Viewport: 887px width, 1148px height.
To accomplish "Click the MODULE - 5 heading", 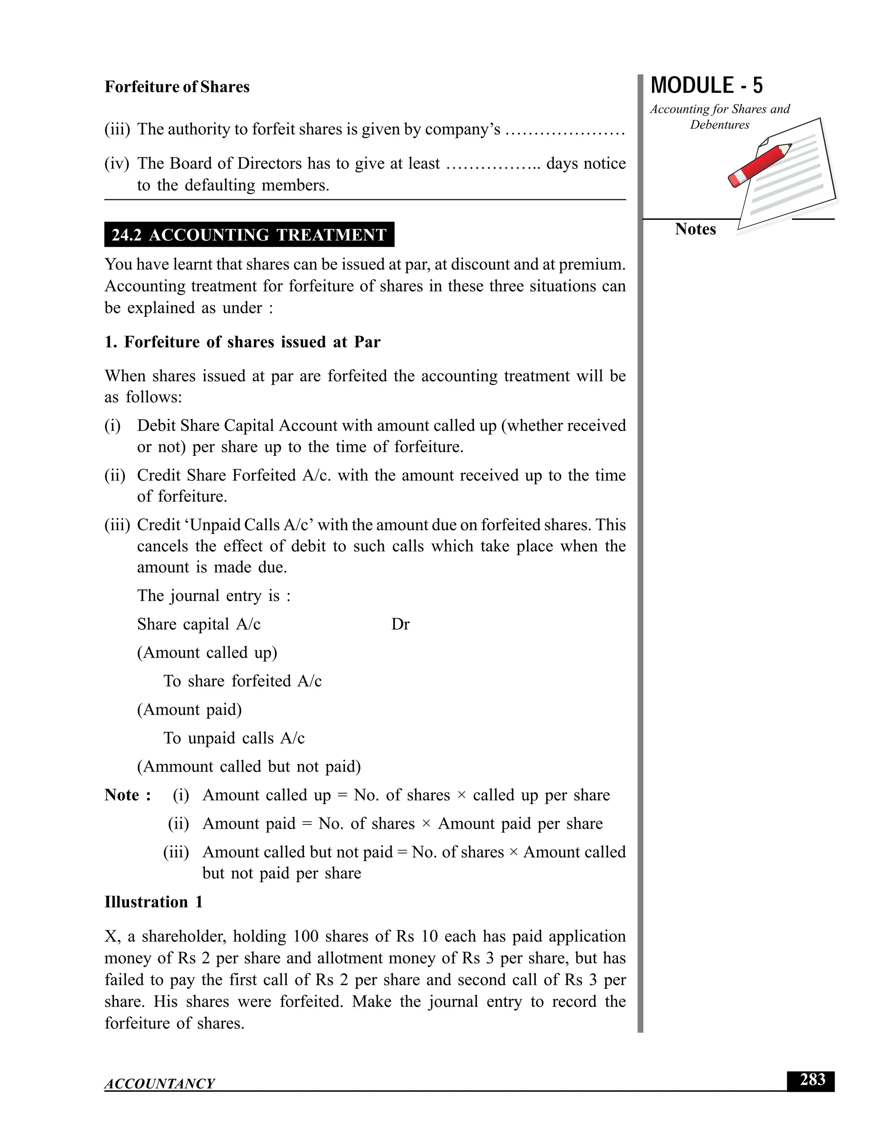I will click(706, 86).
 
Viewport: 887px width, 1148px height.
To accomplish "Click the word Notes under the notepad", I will click(695, 229).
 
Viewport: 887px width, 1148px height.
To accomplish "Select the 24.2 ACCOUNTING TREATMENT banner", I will click(249, 234).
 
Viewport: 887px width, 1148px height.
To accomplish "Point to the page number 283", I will click(813, 1080).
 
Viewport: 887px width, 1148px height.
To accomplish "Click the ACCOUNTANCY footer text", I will click(160, 1083).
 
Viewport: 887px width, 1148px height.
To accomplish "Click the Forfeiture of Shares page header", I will click(177, 87).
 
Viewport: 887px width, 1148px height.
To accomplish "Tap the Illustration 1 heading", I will click(153, 902).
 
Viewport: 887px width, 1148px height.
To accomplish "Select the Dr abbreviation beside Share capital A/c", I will click(401, 624).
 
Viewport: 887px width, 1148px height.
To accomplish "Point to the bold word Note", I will click(122, 795).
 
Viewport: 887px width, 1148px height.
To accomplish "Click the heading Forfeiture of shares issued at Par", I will click(242, 342).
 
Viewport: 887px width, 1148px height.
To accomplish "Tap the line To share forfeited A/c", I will click(242, 681).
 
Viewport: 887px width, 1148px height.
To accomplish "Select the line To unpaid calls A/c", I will click(234, 738).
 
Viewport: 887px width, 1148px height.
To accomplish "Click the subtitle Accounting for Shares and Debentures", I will click(719, 117).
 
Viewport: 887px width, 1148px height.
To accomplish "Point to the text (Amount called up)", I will click(207, 653).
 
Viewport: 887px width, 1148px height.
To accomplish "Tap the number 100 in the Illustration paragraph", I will click(305, 936).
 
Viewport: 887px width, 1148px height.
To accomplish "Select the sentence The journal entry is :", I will click(214, 596).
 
